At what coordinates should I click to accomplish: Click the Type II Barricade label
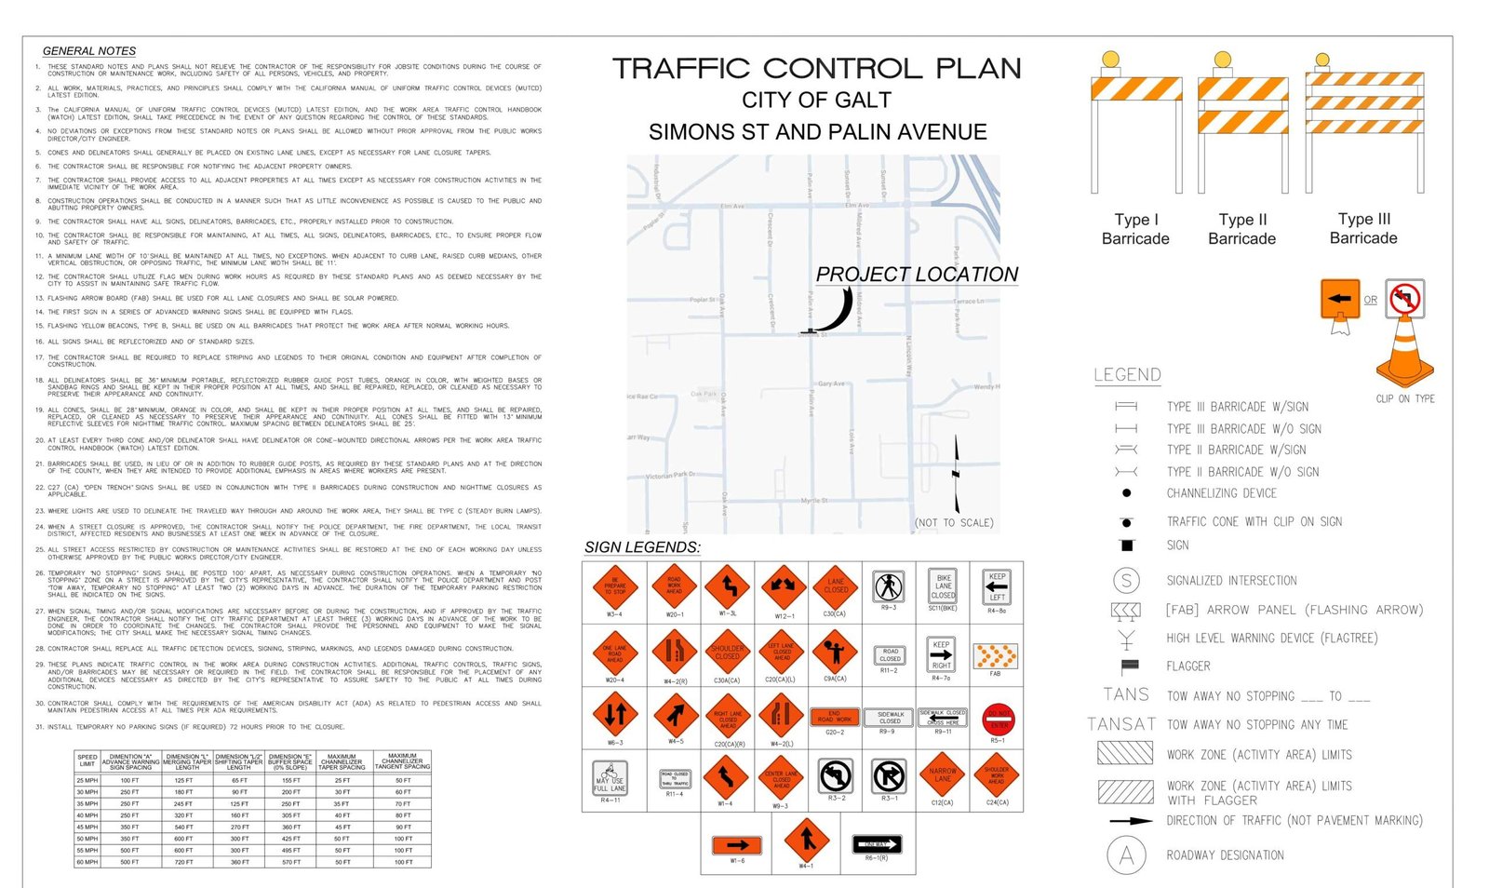[x=1241, y=229]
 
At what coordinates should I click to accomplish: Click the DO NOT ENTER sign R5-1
[x=998, y=719]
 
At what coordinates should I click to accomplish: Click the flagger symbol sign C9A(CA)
[x=835, y=651]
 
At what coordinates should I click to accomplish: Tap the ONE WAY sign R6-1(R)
[x=877, y=844]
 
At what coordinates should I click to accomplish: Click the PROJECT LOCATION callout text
[x=917, y=275]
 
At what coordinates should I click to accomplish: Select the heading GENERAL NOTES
[x=89, y=51]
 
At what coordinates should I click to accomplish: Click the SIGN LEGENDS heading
[x=642, y=547]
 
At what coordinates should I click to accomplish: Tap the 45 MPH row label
[x=87, y=827]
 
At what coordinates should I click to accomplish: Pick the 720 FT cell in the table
[x=183, y=862]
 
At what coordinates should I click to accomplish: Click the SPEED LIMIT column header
[x=87, y=760]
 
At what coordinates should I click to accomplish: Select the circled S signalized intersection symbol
[x=1126, y=581]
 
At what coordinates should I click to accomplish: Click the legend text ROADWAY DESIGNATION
[x=1225, y=855]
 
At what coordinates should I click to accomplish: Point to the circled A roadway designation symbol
[x=1126, y=855]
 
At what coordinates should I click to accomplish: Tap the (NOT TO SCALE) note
[x=954, y=523]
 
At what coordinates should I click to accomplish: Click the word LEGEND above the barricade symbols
[x=1127, y=375]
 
